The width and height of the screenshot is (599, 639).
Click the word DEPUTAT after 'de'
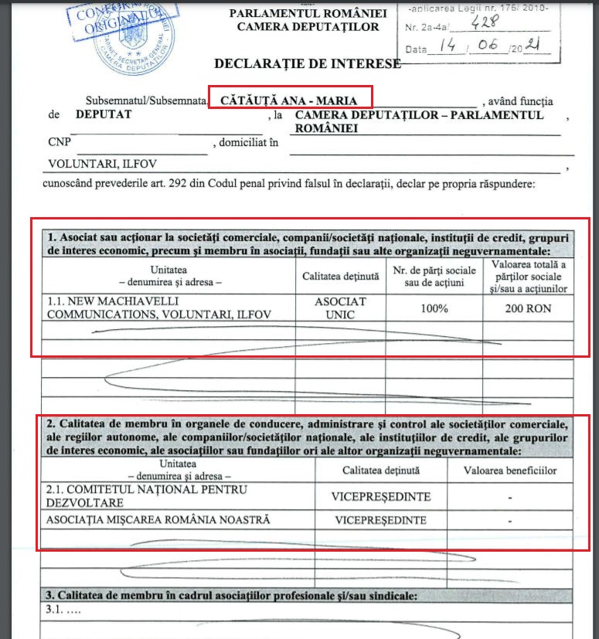coord(104,114)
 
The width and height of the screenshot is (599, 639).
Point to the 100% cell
coord(434,308)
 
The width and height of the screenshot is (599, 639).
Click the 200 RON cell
coord(528,308)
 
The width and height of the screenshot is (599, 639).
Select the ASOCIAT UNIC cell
coord(340,308)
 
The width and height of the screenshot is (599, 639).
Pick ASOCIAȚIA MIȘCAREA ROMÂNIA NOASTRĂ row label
coord(158,520)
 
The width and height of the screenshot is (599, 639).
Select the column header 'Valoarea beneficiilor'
coord(509,469)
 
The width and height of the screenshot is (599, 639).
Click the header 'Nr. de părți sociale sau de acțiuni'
coord(434,274)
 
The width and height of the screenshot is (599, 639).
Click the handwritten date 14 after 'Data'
coord(448,46)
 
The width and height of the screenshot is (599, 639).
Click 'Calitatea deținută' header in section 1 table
coord(340,275)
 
